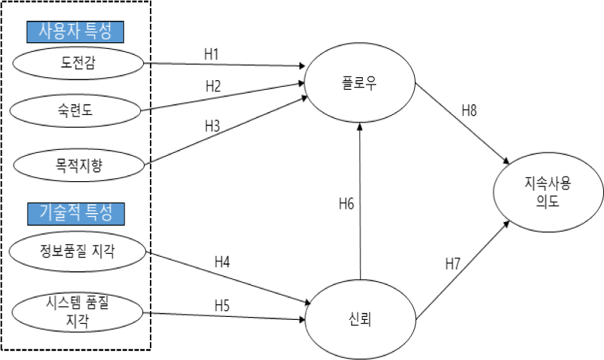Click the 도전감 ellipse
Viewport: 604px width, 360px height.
pyautogui.click(x=78, y=63)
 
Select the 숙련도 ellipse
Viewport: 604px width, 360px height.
pyautogui.click(x=75, y=111)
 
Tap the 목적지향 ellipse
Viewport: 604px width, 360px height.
pyautogui.click(x=79, y=166)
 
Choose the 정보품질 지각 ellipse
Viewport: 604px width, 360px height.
pyautogui.click(x=77, y=252)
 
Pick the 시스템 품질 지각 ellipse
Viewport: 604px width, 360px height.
pyautogui.click(x=77, y=312)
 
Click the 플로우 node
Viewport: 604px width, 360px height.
pyautogui.click(x=360, y=83)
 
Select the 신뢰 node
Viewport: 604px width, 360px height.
pyautogui.click(x=361, y=319)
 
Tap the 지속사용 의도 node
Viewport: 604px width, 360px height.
pyautogui.click(x=548, y=192)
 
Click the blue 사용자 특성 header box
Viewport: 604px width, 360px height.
pyautogui.click(x=75, y=32)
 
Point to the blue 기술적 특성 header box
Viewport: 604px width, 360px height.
pyautogui.click(x=76, y=214)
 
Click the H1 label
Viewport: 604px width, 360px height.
pyautogui.click(x=211, y=54)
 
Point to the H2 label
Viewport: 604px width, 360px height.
pyautogui.click(x=213, y=86)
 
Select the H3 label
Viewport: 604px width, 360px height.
pyautogui.click(x=212, y=125)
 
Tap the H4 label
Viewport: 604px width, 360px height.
pyautogui.click(x=223, y=262)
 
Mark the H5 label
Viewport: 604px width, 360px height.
pyautogui.click(x=222, y=306)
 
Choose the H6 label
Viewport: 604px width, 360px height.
pyautogui.click(x=347, y=203)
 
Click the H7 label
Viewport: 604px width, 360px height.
pyautogui.click(x=453, y=264)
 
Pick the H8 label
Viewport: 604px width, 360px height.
pyautogui.click(x=469, y=111)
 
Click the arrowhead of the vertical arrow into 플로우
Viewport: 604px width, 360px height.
pyautogui.click(x=360, y=126)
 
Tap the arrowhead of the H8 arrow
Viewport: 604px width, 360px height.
pyautogui.click(x=506, y=162)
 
